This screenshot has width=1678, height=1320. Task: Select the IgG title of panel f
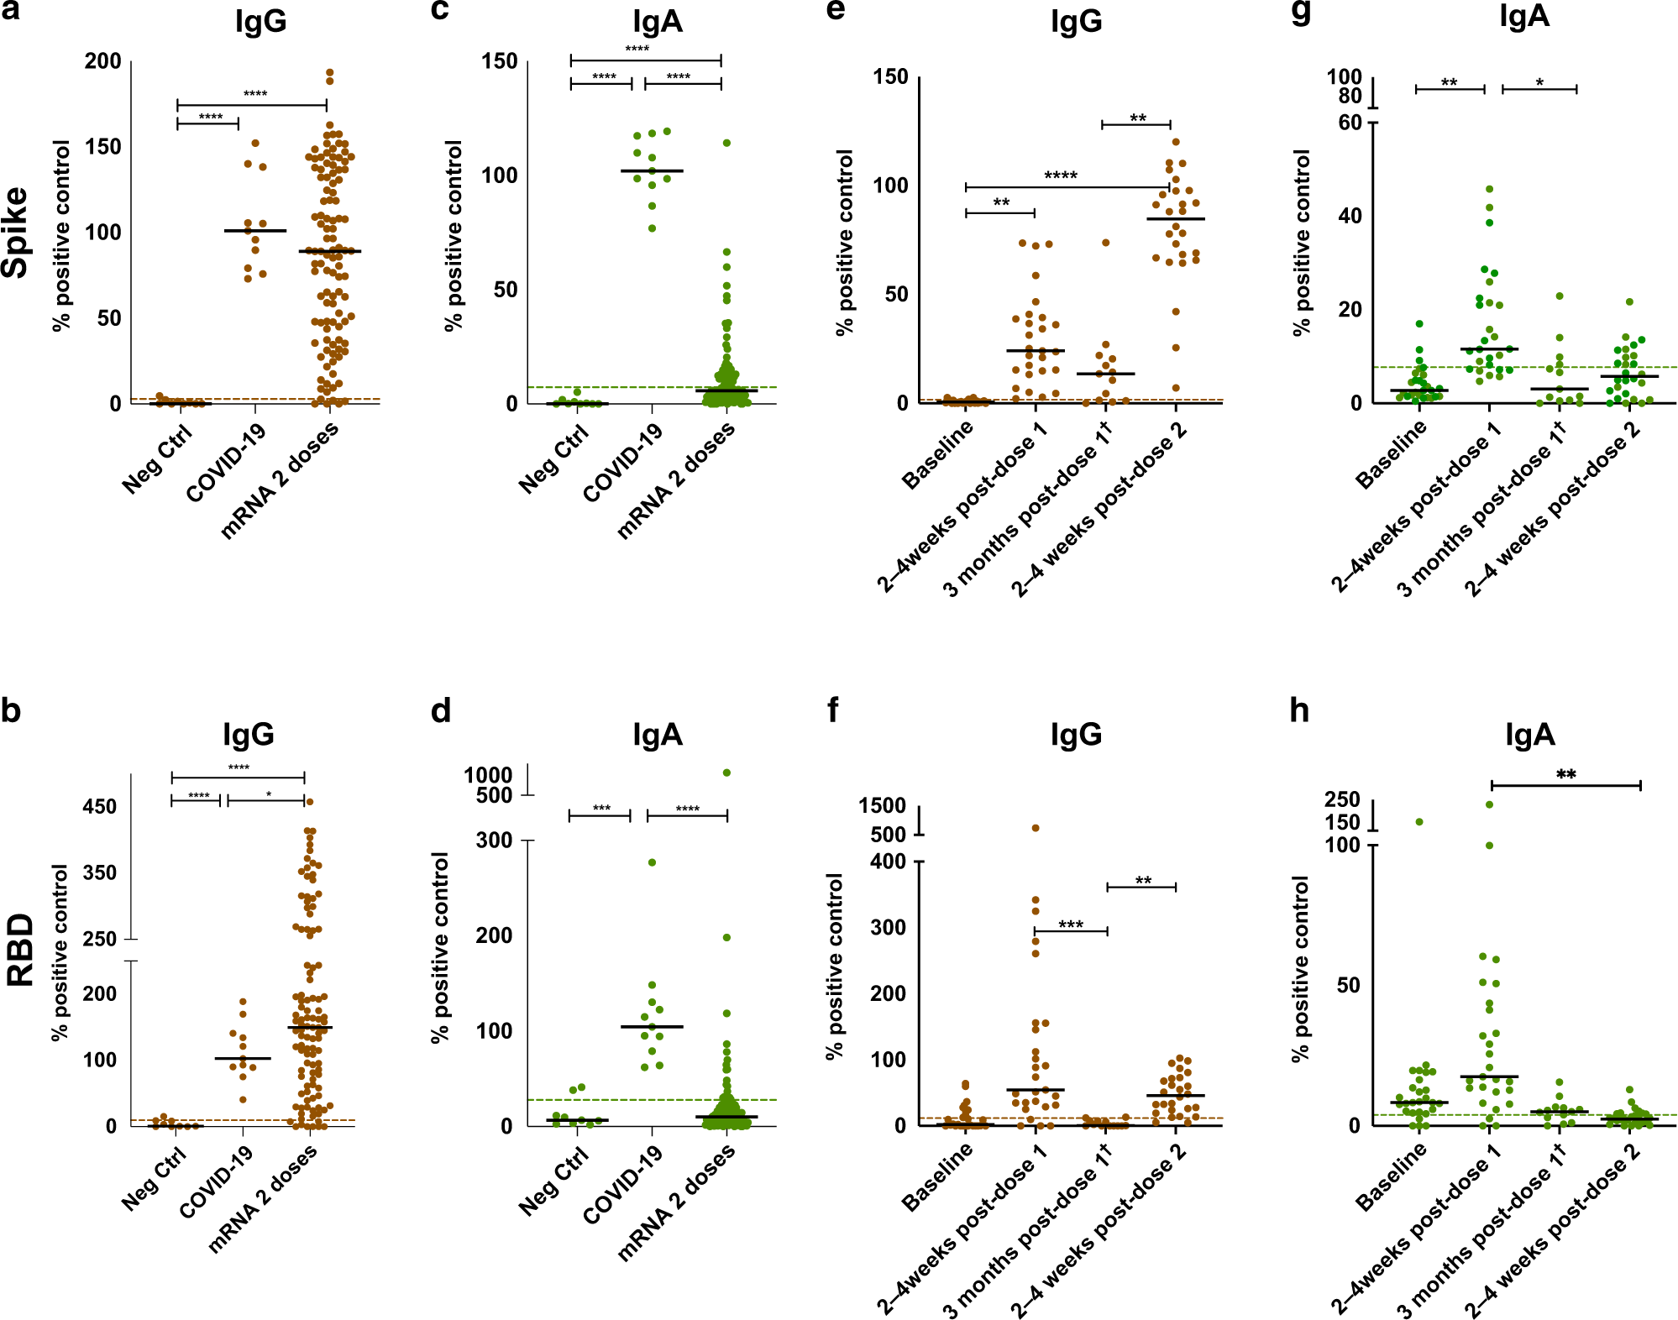pyautogui.click(x=1076, y=735)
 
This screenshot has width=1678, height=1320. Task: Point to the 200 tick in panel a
pyautogui.click(x=102, y=61)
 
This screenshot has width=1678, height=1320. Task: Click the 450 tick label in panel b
pyautogui.click(x=99, y=806)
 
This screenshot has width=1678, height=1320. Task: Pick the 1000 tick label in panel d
pyautogui.click(x=488, y=774)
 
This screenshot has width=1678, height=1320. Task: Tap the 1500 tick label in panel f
pyautogui.click(x=882, y=806)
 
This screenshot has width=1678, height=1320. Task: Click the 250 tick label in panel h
pyautogui.click(x=1342, y=799)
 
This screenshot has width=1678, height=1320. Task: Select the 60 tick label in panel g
pyautogui.click(x=1350, y=123)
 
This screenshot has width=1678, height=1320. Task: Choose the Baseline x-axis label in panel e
pyautogui.click(x=937, y=454)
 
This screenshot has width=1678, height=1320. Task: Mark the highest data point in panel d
pyautogui.click(x=727, y=773)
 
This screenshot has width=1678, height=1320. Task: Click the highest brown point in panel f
pyautogui.click(x=1036, y=828)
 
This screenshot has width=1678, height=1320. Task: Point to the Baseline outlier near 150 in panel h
pyautogui.click(x=1419, y=822)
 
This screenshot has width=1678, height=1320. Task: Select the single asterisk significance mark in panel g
pyautogui.click(x=1539, y=82)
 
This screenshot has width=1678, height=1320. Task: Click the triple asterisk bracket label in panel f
pyautogui.click(x=1071, y=925)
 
